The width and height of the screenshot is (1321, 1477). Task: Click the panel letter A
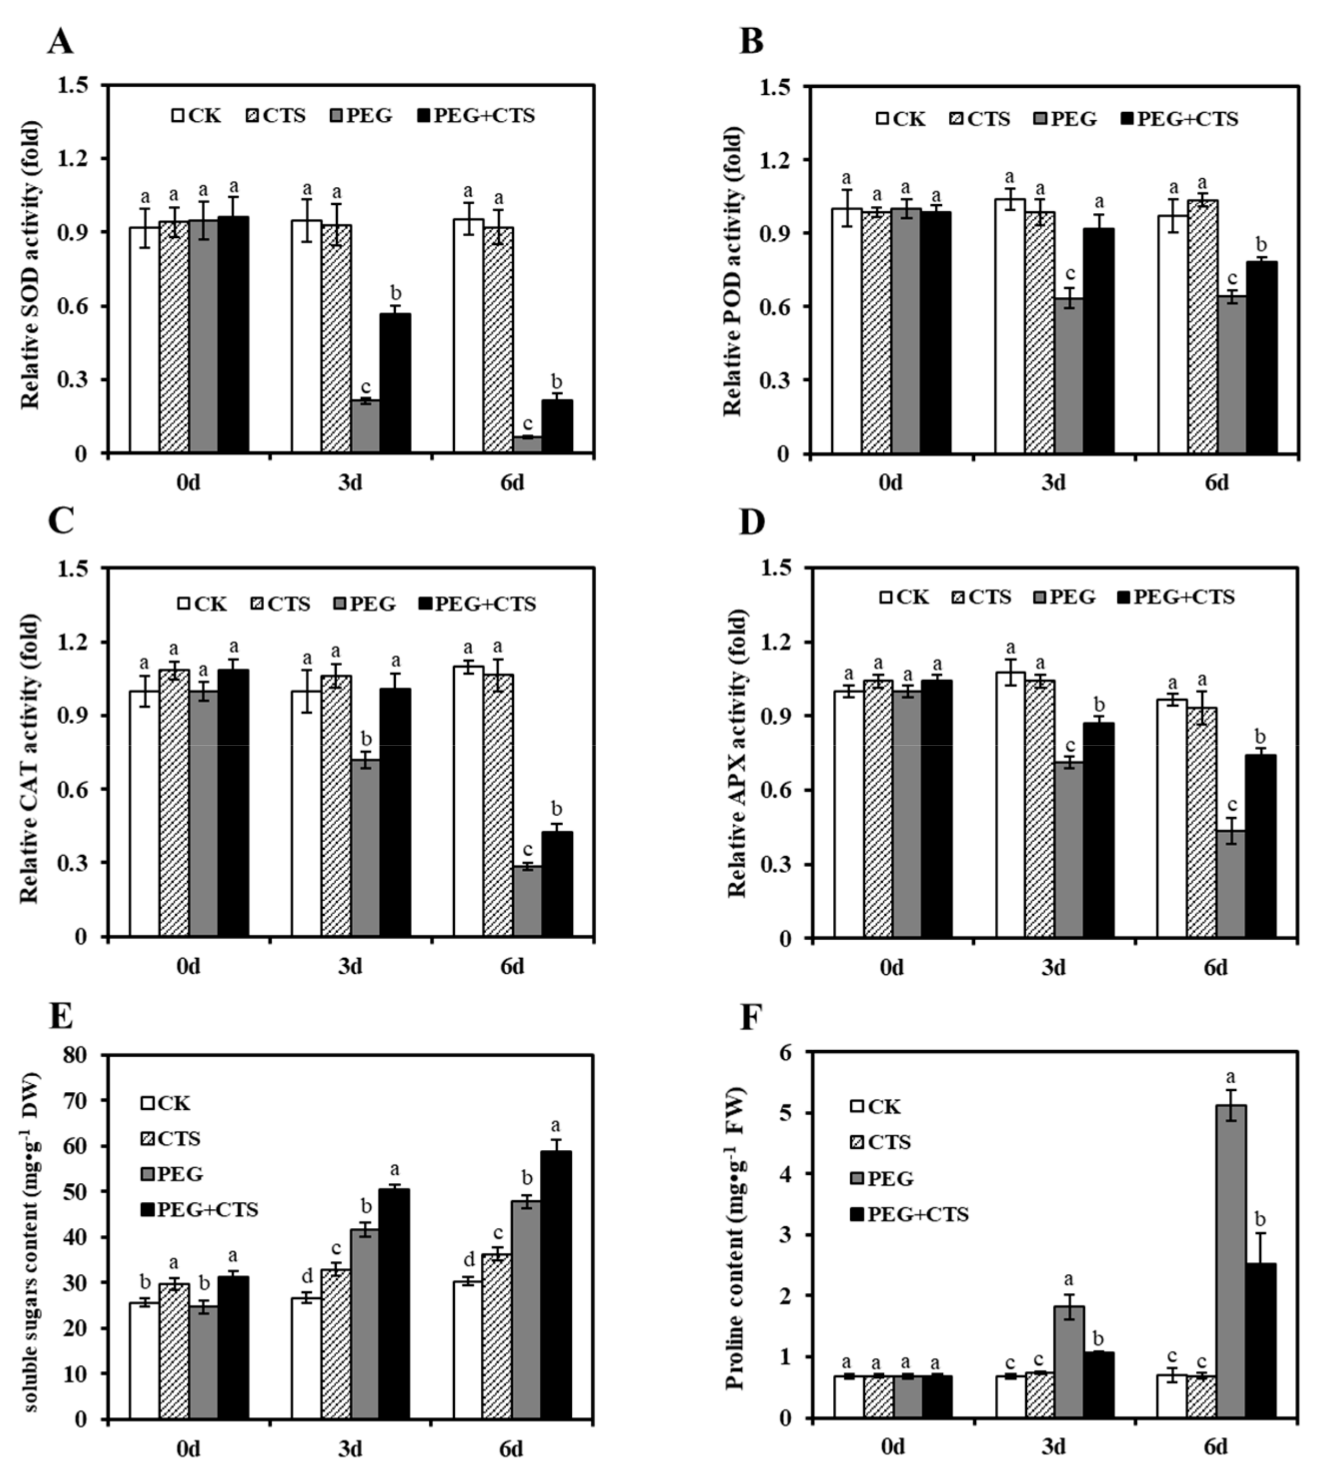click(60, 42)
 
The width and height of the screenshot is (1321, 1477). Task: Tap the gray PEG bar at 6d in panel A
click(528, 444)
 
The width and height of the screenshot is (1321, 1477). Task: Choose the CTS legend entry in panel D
click(981, 597)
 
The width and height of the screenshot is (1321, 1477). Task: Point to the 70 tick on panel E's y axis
click(80, 1101)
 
